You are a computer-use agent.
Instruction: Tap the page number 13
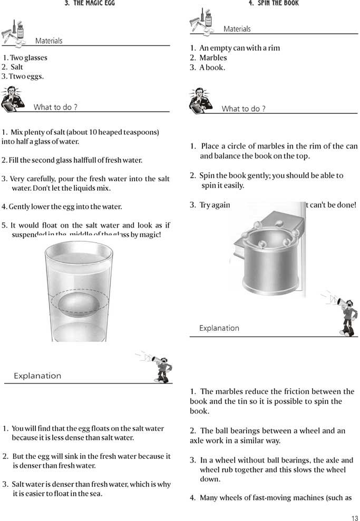pyautogui.click(x=354, y=517)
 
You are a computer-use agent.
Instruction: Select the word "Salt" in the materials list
pyautogui.click(x=17, y=67)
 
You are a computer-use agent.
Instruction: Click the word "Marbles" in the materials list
pyautogui.click(x=213, y=58)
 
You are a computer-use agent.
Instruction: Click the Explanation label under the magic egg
pyautogui.click(x=37, y=376)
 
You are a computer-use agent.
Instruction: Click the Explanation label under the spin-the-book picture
pyautogui.click(x=219, y=328)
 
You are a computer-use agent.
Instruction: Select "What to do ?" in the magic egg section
pyautogui.click(x=55, y=107)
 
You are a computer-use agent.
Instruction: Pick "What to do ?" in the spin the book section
pyautogui.click(x=244, y=109)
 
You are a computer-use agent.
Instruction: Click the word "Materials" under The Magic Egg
pyautogui.click(x=49, y=41)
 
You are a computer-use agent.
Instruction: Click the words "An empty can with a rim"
pyautogui.click(x=239, y=48)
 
